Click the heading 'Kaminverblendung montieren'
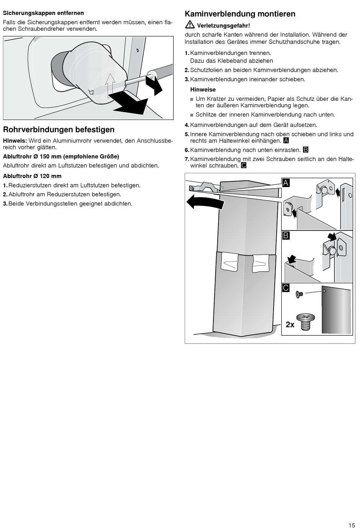tap(240, 14)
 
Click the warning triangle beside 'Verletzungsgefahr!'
tap(189, 25)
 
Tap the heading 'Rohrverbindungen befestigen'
tap(59, 130)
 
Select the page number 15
tap(352, 525)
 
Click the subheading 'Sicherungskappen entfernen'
tap(43, 13)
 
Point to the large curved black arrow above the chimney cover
tap(205, 202)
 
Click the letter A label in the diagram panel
tap(286, 183)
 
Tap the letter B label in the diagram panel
tap(286, 235)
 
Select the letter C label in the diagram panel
tap(286, 288)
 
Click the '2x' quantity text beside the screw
tap(290, 325)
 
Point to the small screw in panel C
tap(299, 294)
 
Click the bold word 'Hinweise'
tap(203, 90)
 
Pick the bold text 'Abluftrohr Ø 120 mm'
tap(32, 176)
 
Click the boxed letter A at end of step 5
tap(285, 141)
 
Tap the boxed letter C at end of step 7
tap(244, 166)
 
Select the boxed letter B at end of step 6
tap(305, 150)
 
